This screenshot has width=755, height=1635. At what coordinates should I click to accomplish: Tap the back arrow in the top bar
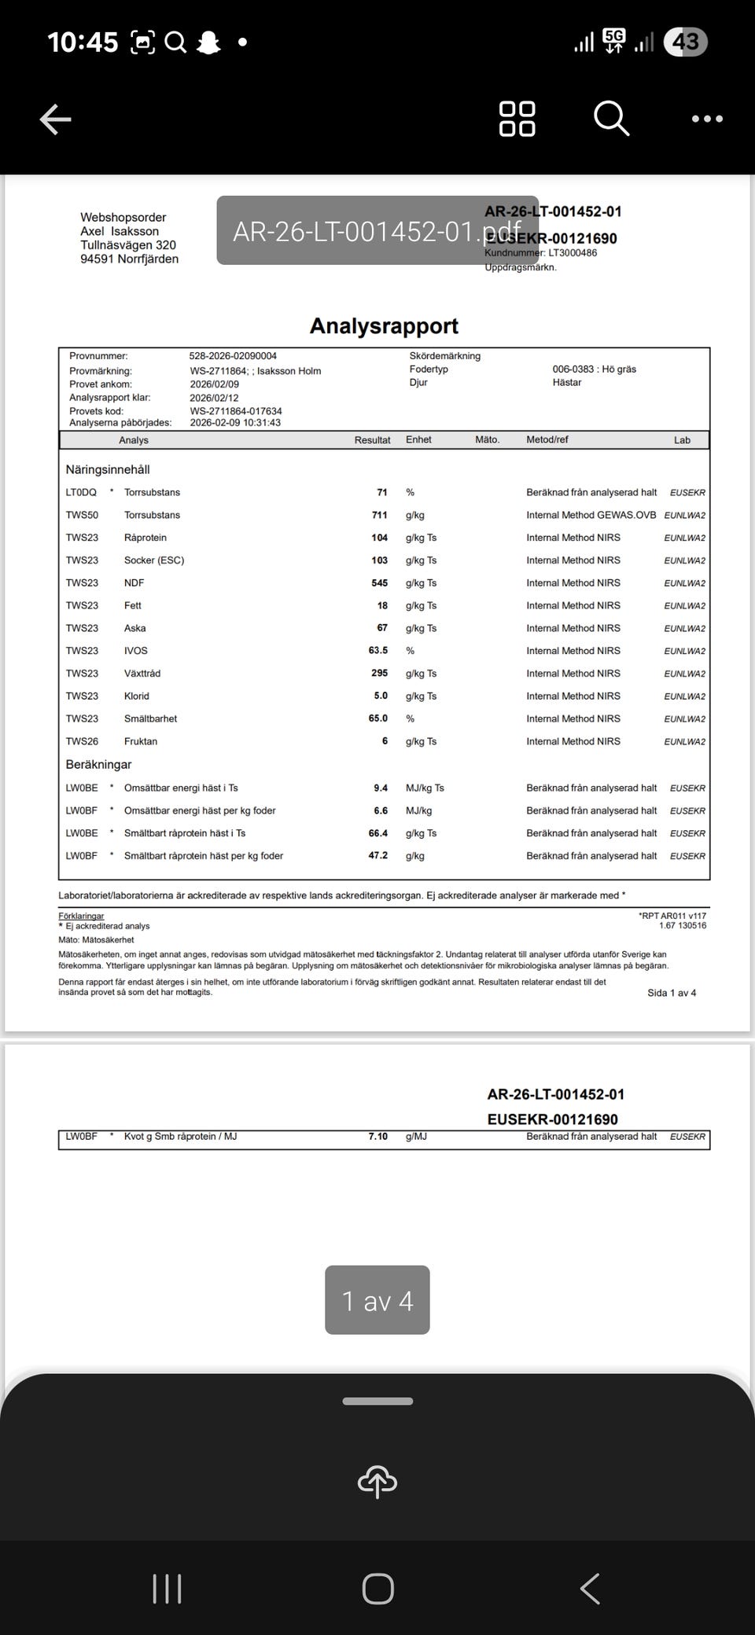pyautogui.click(x=56, y=119)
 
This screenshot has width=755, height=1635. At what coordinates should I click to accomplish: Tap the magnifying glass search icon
pyautogui.click(x=611, y=119)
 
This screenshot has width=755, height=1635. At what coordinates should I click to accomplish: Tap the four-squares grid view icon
pyautogui.click(x=517, y=119)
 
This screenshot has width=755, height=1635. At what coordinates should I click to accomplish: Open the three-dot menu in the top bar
pyautogui.click(x=707, y=119)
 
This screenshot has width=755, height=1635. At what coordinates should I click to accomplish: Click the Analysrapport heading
pyautogui.click(x=384, y=325)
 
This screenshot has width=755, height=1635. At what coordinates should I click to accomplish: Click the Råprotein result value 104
pyautogui.click(x=379, y=538)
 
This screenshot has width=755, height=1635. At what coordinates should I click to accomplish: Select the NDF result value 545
pyautogui.click(x=379, y=583)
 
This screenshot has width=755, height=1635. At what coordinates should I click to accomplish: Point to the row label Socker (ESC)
pyautogui.click(x=154, y=560)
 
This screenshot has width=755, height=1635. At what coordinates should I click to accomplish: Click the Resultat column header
pyautogui.click(x=372, y=440)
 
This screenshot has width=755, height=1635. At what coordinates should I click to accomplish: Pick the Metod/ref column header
pyautogui.click(x=547, y=440)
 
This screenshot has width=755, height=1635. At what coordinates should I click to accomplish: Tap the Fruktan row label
pyautogui.click(x=141, y=741)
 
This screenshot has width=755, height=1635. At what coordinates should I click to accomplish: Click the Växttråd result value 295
pyautogui.click(x=379, y=674)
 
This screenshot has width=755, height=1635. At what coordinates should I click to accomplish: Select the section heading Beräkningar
pyautogui.click(x=99, y=765)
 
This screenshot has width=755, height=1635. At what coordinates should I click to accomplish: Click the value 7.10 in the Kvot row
pyautogui.click(x=377, y=1137)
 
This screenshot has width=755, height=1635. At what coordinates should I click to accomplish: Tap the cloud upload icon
pyautogui.click(x=377, y=1482)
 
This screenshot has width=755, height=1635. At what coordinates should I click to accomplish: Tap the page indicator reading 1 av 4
pyautogui.click(x=377, y=1301)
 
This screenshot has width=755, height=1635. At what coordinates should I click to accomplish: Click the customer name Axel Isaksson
pyautogui.click(x=120, y=231)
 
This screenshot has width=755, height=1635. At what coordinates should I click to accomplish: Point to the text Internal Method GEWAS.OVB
pyautogui.click(x=591, y=515)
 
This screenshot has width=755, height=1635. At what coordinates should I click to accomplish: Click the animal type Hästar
pyautogui.click(x=567, y=383)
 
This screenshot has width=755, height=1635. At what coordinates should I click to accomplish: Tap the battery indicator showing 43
pyautogui.click(x=686, y=42)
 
